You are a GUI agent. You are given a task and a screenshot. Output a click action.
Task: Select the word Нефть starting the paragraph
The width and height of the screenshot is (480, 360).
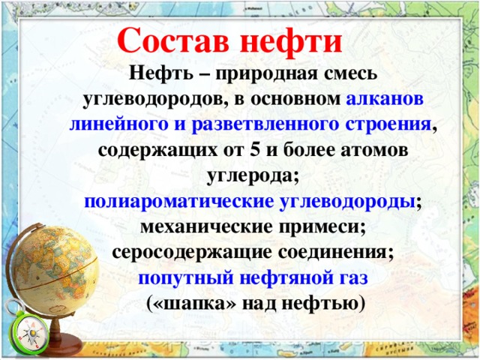pos(157,74)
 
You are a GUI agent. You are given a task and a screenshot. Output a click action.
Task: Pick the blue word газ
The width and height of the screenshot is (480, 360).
pos(350,277)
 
